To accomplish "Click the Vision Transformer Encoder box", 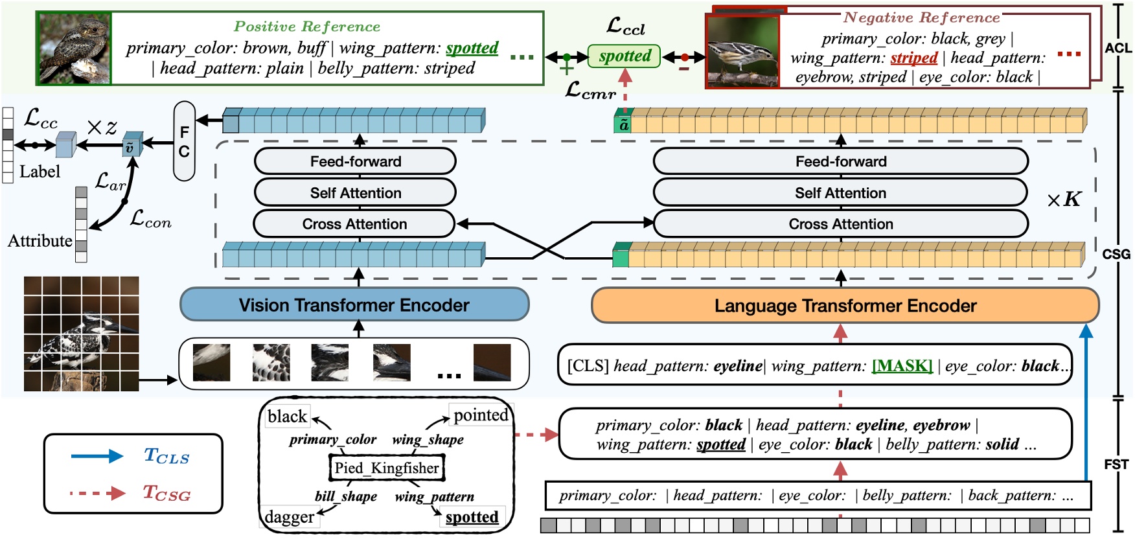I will (354, 305).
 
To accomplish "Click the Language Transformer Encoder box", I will (845, 306).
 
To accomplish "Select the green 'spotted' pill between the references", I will (624, 56).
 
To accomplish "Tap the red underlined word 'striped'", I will (913, 58).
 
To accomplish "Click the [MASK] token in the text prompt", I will (902, 366).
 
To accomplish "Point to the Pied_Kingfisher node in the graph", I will (387, 468).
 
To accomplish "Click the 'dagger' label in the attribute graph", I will (290, 517).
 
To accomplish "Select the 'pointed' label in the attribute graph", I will (481, 415).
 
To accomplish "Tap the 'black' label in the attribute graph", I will (287, 417).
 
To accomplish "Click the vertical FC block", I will (185, 141).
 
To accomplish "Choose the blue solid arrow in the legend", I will (97, 456).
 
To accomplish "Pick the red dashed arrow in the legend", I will (97, 494).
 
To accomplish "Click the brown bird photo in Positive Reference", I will (75, 49).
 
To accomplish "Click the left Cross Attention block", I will (354, 224).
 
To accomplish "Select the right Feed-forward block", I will (840, 161).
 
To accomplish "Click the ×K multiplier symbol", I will (1064, 200).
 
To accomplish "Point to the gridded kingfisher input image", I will (81, 334).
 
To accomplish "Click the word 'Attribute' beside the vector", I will (40, 241).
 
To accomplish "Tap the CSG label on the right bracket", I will (1116, 254).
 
